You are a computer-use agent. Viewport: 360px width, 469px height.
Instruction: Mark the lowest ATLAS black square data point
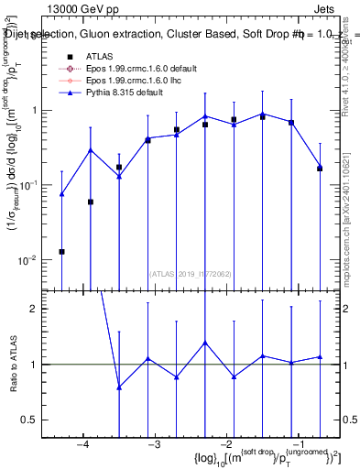coord(61,251)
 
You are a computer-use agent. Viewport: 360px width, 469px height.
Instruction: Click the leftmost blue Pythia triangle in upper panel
coord(61,194)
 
